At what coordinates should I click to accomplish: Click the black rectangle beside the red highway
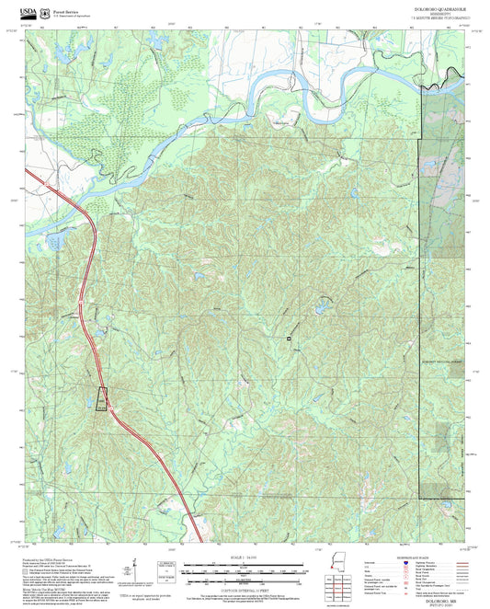point(101,399)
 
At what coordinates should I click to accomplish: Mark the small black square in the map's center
point(289,339)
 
